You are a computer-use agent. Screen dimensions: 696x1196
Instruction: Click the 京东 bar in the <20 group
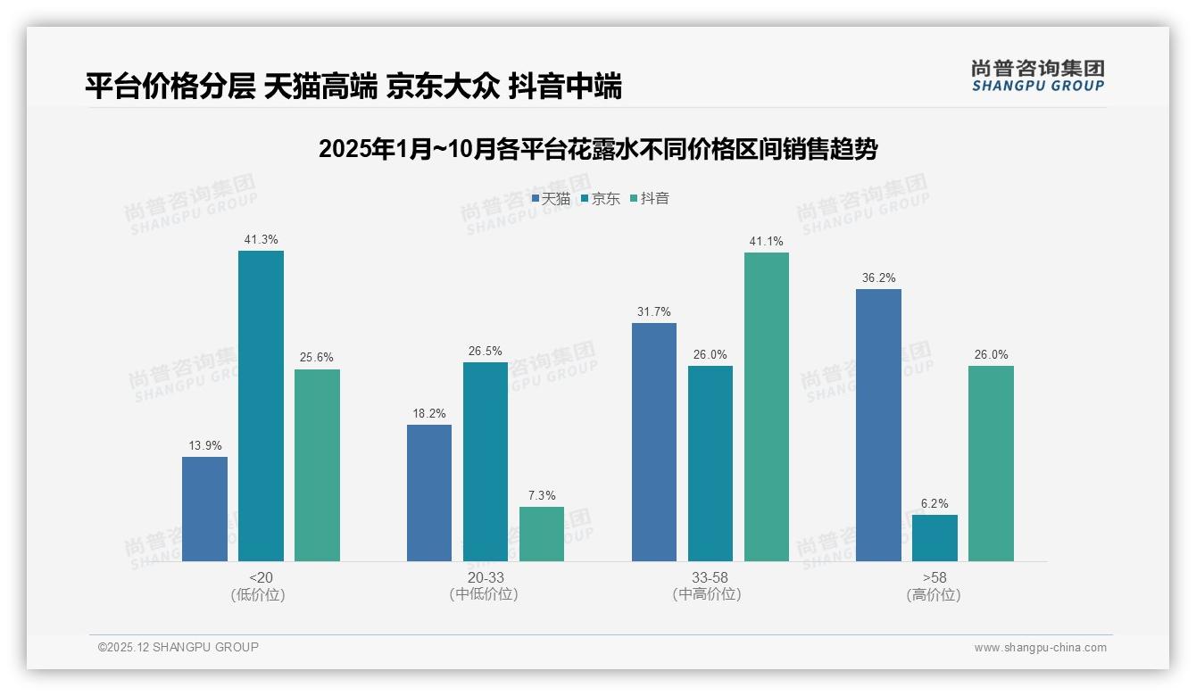[261, 406]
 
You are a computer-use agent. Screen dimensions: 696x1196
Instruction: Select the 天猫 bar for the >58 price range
[878, 425]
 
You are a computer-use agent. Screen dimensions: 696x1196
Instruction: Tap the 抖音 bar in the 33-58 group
[767, 407]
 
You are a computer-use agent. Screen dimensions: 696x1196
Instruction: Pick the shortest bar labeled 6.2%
[934, 538]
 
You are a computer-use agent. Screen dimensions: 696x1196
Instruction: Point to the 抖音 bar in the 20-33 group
[542, 534]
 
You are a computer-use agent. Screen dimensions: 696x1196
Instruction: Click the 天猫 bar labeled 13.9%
[204, 509]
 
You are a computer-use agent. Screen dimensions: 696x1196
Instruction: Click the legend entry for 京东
[600, 199]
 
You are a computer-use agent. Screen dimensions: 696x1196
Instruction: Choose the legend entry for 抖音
[650, 199]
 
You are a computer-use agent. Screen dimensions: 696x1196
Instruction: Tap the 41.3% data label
[261, 239]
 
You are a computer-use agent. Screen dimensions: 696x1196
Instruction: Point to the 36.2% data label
[878, 278]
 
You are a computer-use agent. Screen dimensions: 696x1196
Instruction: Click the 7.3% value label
[542, 495]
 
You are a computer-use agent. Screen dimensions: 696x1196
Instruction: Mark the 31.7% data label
[654, 311]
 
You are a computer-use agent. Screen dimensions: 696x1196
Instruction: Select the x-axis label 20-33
[485, 577]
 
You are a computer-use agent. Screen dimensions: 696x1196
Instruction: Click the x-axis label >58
[934, 577]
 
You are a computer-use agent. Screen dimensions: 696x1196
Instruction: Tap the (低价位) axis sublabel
[258, 594]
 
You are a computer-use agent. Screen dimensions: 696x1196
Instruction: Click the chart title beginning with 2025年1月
[598, 149]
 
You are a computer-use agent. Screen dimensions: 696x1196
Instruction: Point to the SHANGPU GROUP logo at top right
[1037, 76]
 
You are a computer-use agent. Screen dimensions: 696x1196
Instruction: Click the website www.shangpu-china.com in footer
[1040, 647]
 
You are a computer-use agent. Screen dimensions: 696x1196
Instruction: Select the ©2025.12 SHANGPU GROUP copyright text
[179, 647]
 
